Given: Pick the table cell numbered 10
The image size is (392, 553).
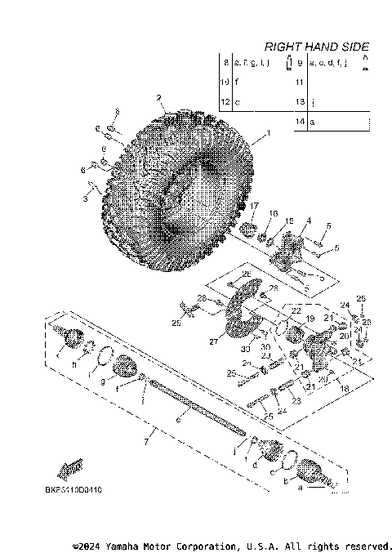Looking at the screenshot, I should point(225,83).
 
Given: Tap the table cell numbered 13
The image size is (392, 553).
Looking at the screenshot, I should point(300,101).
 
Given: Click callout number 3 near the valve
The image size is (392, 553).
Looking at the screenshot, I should point(87,197).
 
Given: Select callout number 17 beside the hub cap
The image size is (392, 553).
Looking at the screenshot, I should point(254,206).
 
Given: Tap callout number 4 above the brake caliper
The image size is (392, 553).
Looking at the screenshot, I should point(309,221).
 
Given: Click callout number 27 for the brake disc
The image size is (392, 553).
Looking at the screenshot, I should point(215,343).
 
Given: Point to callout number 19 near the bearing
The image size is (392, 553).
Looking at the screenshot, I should point(310,319).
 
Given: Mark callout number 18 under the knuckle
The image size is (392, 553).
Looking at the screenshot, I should point(344,390).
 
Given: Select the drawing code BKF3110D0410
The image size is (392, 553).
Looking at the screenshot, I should point(73,490).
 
